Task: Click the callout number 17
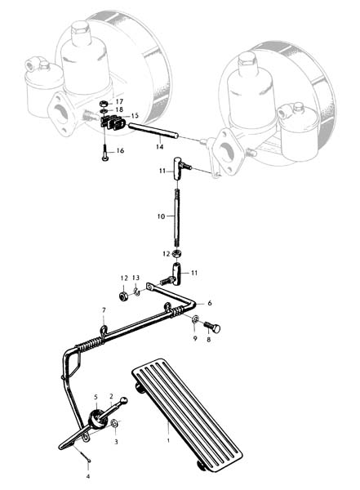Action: [x=119, y=101]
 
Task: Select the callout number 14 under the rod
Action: [x=160, y=146]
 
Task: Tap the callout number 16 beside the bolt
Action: [x=120, y=150]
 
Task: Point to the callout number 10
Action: [x=161, y=216]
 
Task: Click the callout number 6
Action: [x=210, y=303]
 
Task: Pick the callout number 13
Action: [x=136, y=278]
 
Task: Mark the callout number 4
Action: [x=88, y=477]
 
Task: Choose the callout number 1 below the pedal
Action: [x=168, y=441]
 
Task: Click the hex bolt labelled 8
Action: [x=212, y=327]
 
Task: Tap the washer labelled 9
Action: [x=195, y=318]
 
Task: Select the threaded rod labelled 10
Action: [x=177, y=218]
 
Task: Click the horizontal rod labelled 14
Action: [x=153, y=131]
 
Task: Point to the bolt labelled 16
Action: [x=104, y=152]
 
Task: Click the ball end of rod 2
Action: [x=124, y=399]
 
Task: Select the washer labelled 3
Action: [x=114, y=423]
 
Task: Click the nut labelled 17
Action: [x=104, y=104]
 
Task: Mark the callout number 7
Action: [x=104, y=310]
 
